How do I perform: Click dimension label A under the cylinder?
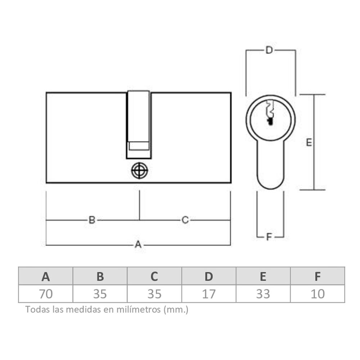pos(138,244)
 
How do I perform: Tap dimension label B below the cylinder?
pos(92,220)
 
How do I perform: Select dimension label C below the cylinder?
pos(185,220)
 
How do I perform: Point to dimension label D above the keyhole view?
pos(269,50)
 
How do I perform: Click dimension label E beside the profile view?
pos(309,143)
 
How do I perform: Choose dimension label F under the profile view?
pos(269,237)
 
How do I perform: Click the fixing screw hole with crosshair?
pos(139,171)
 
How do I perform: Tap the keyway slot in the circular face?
pos(270,112)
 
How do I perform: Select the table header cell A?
pos(46,276)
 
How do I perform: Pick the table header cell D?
pos(209,276)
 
